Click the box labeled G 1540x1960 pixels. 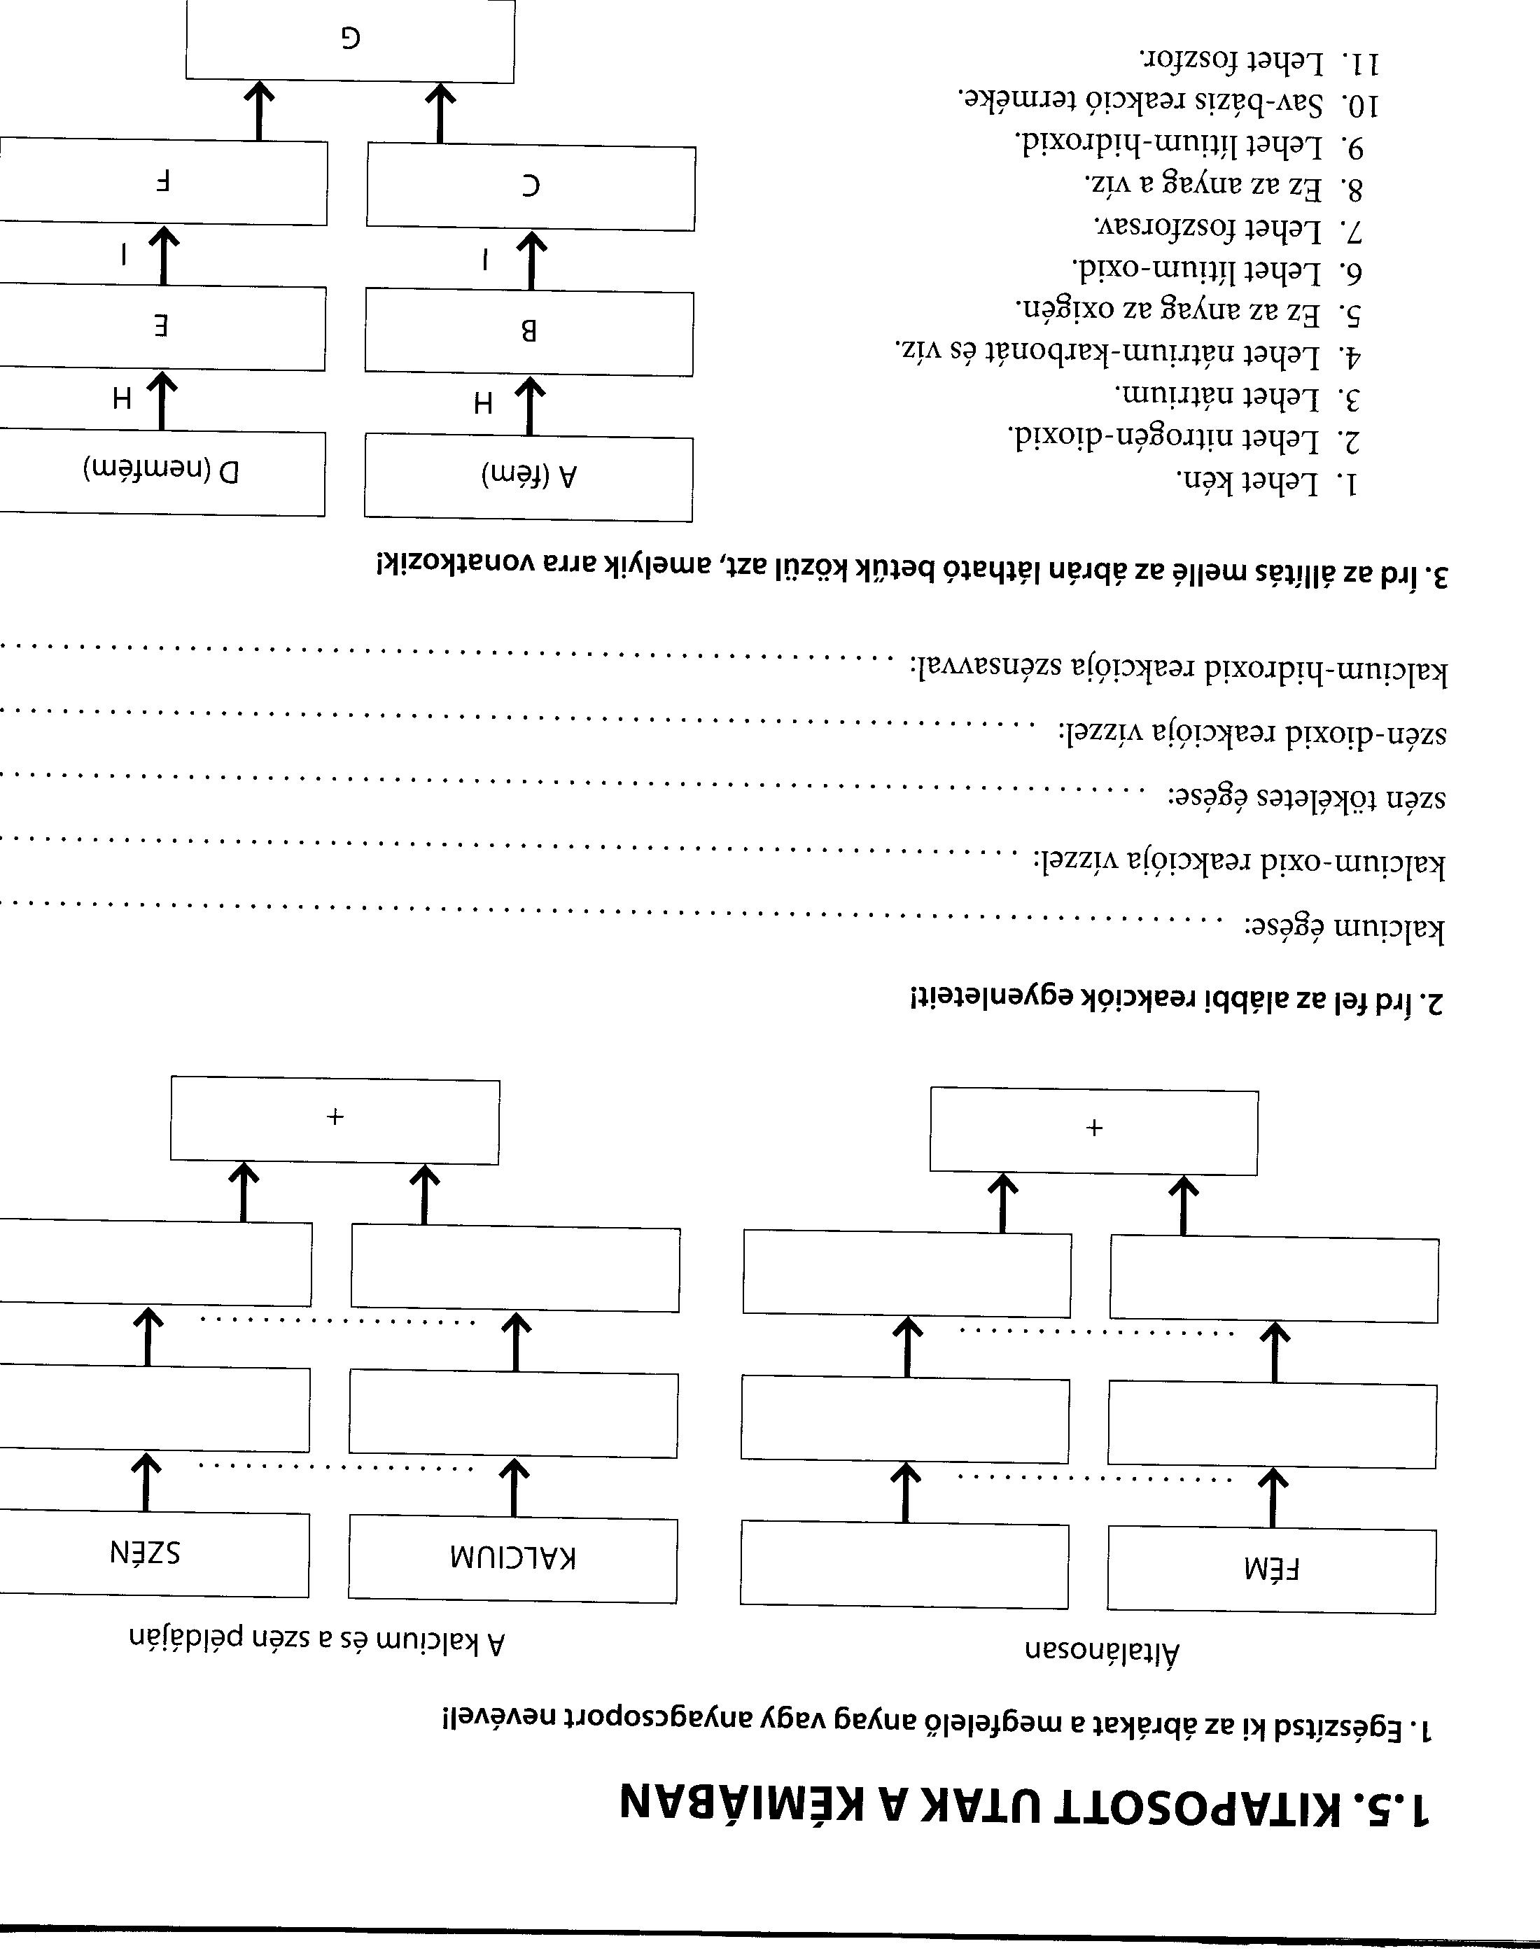350,40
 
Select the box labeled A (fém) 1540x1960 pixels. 529,478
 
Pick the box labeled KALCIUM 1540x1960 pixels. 513,1560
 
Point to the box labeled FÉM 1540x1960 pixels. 1271,1569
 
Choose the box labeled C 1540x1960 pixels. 531,187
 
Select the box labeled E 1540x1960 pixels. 162,328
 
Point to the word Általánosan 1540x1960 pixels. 1102,1652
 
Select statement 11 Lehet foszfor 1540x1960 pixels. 1259,62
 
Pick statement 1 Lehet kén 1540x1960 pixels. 1267,482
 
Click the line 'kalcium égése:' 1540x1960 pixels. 1344,929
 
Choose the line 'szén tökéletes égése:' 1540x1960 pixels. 1308,798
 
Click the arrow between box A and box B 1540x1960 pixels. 530,406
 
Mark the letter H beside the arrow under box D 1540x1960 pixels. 122,398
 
